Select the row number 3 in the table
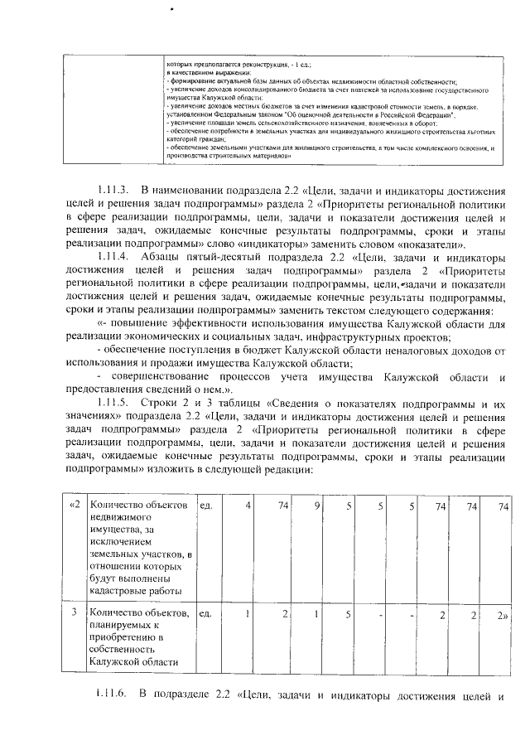[x=74, y=613]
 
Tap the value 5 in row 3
[x=349, y=613]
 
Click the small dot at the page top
[x=171, y=9]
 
